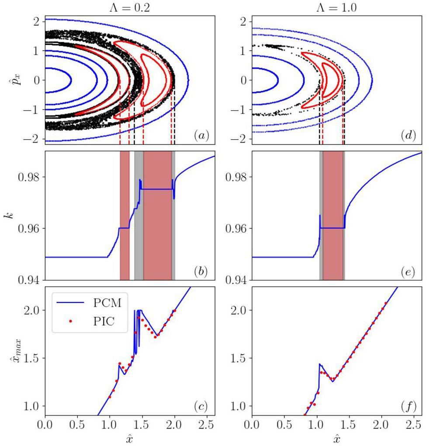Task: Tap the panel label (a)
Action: coord(201,136)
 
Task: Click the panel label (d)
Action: coord(408,136)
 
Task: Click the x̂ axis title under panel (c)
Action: coord(130,439)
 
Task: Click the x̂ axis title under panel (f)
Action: coord(336,439)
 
